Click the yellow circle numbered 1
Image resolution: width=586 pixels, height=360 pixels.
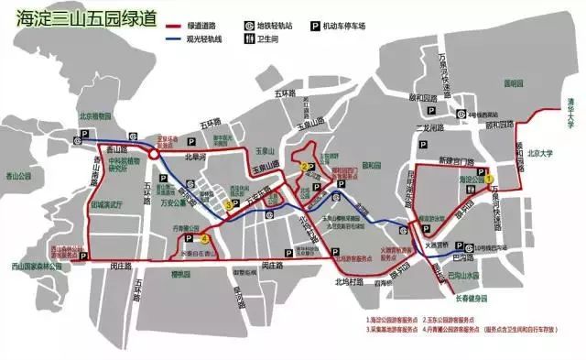pos(490,178)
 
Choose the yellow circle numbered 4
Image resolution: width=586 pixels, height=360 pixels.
pos(205,240)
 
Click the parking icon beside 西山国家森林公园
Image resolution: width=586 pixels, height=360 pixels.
pos(84,261)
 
